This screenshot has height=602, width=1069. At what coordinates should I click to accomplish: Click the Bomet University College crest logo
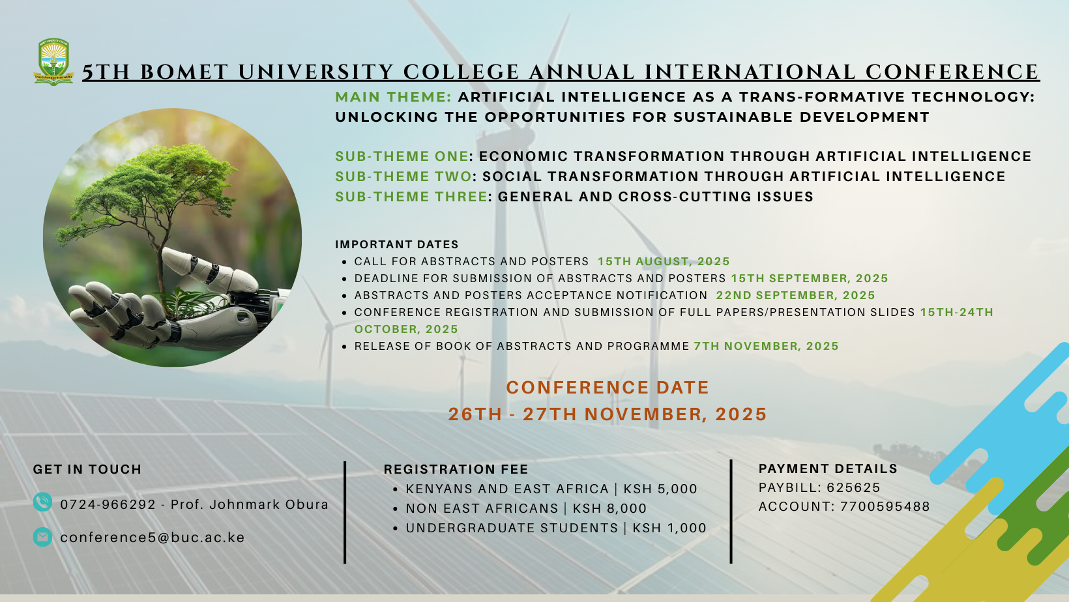pyautogui.click(x=53, y=62)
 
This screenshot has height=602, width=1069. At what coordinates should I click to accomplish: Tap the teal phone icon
pyautogui.click(x=42, y=502)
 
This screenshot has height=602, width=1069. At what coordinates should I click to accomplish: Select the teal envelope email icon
pyautogui.click(x=42, y=537)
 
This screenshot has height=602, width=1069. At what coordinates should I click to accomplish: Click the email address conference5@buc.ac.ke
pyautogui.click(x=153, y=537)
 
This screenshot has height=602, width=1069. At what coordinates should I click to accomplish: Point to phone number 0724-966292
pyautogui.click(x=108, y=505)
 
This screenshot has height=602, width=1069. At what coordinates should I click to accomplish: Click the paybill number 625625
pyautogui.click(x=853, y=487)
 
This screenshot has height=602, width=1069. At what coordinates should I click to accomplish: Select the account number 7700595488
pyautogui.click(x=885, y=507)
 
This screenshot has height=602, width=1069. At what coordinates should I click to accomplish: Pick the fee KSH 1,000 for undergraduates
pyautogui.click(x=669, y=528)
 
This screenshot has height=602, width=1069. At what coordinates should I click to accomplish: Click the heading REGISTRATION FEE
pyautogui.click(x=456, y=469)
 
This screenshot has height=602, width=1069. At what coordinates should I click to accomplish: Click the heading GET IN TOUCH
pyautogui.click(x=87, y=469)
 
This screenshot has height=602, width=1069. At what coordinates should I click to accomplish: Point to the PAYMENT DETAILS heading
pyautogui.click(x=828, y=469)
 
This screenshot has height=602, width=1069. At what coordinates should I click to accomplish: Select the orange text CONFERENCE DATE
pyautogui.click(x=608, y=388)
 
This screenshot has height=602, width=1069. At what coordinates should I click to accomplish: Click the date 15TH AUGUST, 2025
pyautogui.click(x=664, y=261)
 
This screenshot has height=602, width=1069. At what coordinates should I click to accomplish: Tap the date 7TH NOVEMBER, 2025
pyautogui.click(x=766, y=347)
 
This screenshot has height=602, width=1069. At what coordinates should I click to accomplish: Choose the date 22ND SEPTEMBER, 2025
pyautogui.click(x=795, y=295)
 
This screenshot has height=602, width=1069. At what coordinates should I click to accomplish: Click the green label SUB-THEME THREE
pyautogui.click(x=411, y=197)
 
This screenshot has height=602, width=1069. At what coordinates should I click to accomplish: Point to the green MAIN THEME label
pyautogui.click(x=393, y=97)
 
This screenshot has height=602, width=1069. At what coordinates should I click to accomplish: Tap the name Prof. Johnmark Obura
pyautogui.click(x=250, y=505)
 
